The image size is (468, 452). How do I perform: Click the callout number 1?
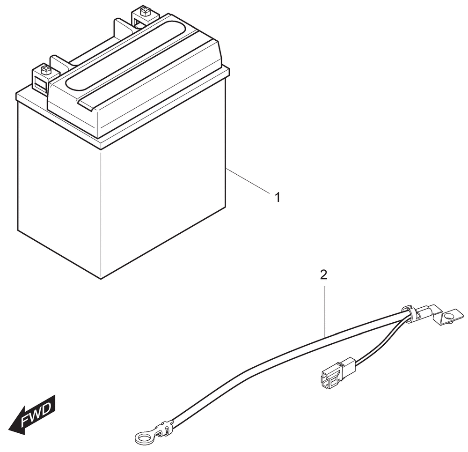[278, 198]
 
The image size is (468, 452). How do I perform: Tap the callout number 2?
[323, 275]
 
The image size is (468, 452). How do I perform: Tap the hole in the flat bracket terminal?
[448, 316]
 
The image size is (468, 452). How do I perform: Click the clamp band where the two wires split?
[409, 315]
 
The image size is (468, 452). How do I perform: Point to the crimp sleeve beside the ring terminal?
[165, 430]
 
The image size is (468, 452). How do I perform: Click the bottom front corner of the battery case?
[101, 279]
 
